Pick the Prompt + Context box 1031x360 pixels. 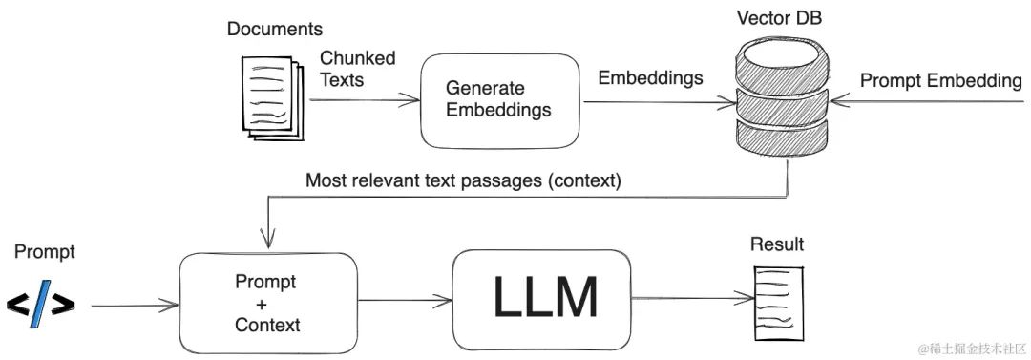coord(266,304)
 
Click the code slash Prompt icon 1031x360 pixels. coord(40,304)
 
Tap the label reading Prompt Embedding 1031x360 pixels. coord(940,81)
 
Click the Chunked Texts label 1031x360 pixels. coord(357,70)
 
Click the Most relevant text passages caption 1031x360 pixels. coord(463,180)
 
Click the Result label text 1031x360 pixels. coord(776,244)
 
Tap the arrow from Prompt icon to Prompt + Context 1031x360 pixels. coord(134,306)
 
